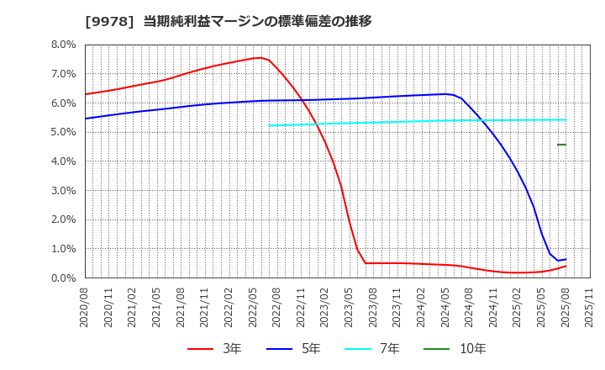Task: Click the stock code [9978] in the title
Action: click(x=110, y=22)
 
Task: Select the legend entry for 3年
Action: click(x=216, y=348)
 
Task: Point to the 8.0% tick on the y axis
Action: click(x=64, y=45)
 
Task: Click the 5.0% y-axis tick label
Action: click(x=64, y=132)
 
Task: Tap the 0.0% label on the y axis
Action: click(x=64, y=277)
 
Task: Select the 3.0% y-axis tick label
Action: click(x=64, y=190)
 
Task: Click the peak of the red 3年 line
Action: click(x=260, y=57)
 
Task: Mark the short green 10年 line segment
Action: click(x=561, y=145)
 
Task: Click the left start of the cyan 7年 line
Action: click(x=270, y=125)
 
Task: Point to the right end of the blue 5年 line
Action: click(x=566, y=260)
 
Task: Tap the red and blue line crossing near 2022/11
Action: click(x=302, y=100)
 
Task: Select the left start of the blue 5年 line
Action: click(x=86, y=119)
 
